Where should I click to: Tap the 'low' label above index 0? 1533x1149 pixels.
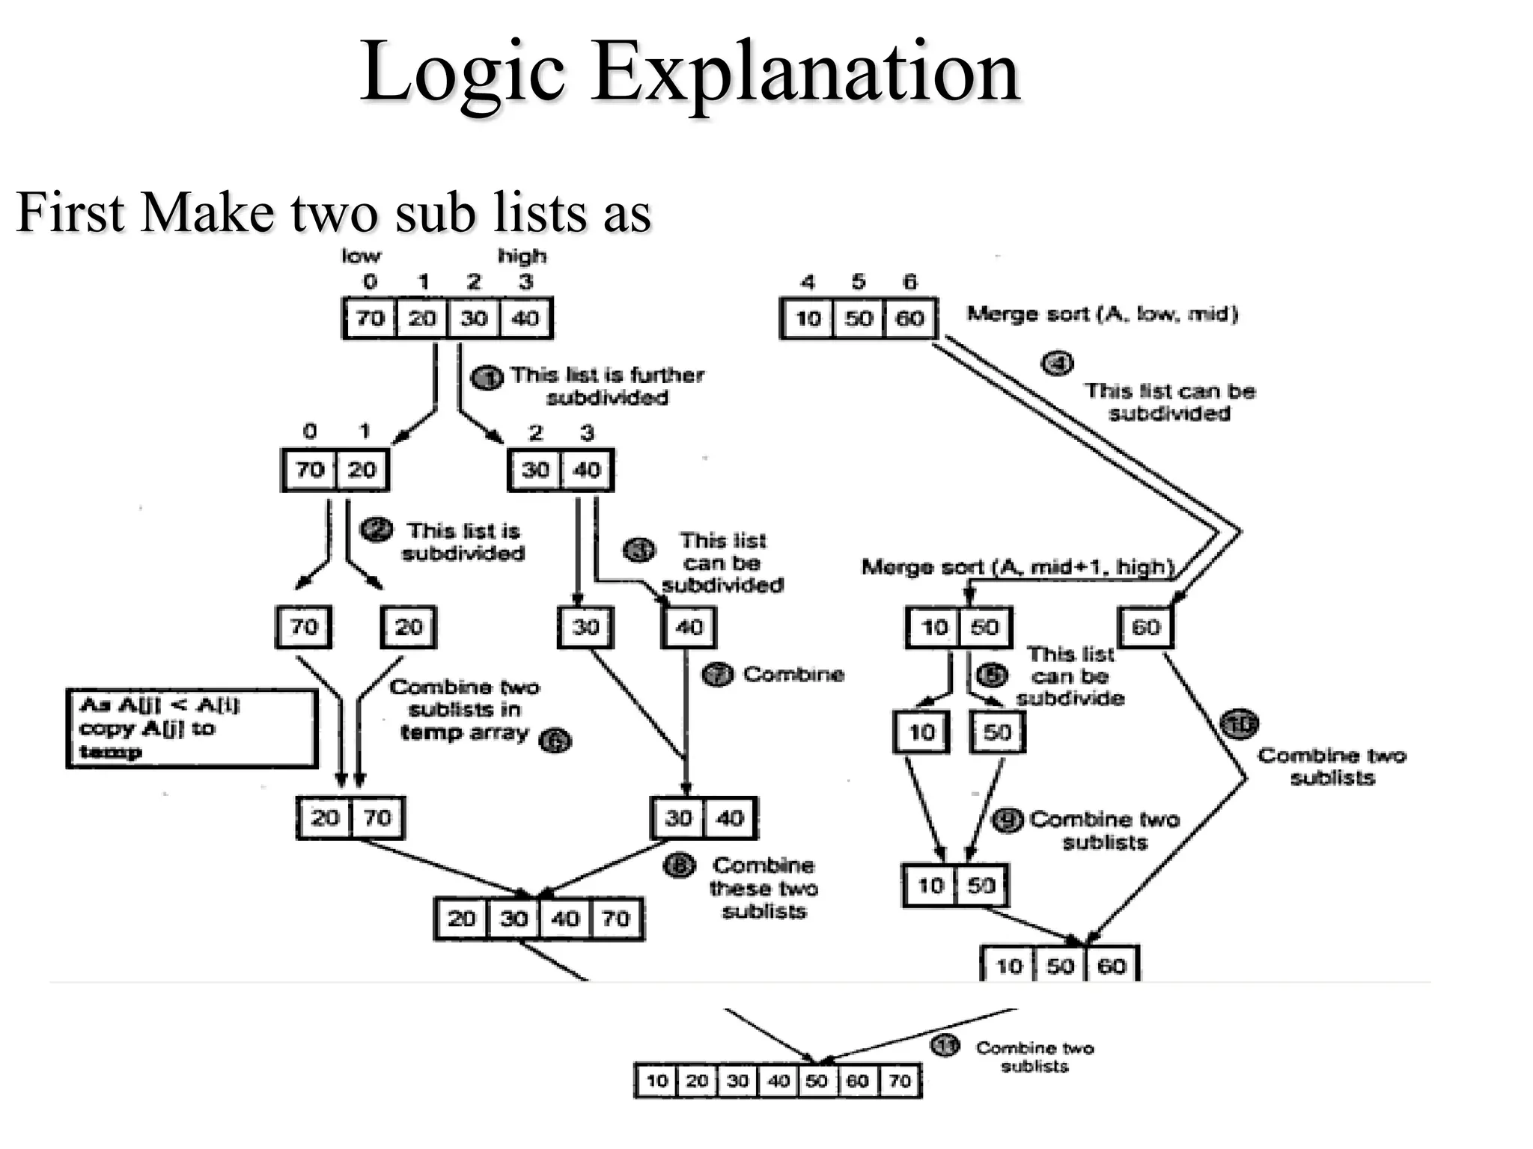pos(361,256)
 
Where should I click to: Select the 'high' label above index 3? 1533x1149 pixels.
pos(522,256)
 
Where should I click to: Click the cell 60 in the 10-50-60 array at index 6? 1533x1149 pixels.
pos(909,319)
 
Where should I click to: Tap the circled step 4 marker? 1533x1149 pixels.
pos(1057,364)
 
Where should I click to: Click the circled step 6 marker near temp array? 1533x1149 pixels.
pos(555,741)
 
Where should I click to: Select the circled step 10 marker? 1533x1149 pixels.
pos(1239,723)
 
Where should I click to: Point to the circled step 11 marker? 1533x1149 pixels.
pos(945,1045)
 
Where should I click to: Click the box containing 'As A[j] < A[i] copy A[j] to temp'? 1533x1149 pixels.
pos(192,728)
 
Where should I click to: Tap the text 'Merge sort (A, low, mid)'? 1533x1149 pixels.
pos(1102,314)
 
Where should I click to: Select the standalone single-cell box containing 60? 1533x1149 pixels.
pos(1145,627)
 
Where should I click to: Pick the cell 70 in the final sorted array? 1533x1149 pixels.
pos(900,1081)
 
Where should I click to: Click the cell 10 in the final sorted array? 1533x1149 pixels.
pos(656,1081)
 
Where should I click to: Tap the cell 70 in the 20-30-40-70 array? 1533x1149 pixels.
pos(615,919)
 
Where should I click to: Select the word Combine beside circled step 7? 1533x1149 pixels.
pos(793,675)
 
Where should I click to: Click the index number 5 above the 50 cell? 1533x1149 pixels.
pos(859,282)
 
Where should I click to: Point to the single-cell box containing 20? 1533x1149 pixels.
pos(408,627)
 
